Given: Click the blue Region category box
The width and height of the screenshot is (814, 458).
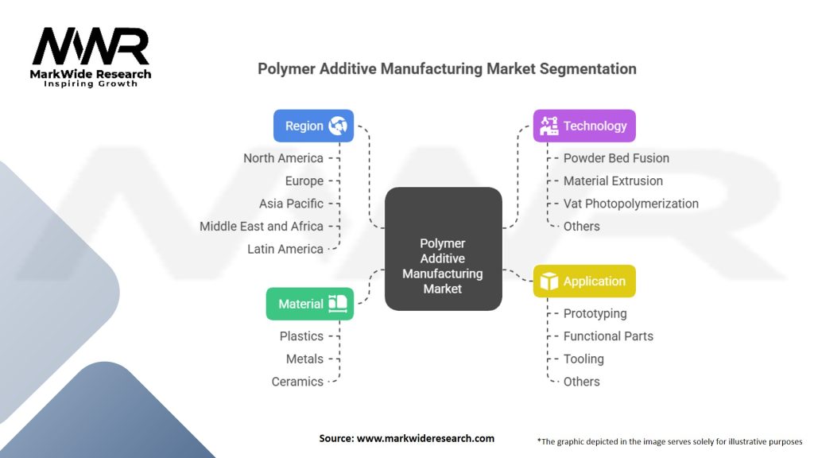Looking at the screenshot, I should click(x=313, y=126).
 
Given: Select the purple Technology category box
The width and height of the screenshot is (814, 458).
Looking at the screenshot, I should click(x=584, y=126).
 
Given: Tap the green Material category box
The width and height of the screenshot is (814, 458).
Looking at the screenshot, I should click(x=309, y=304).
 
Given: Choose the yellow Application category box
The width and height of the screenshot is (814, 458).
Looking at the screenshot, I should click(x=584, y=281).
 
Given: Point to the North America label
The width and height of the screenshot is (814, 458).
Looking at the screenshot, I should click(x=283, y=158).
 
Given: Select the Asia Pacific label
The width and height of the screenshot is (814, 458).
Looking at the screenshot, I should click(x=291, y=204).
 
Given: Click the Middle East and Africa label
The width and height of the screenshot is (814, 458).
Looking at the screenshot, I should click(x=262, y=227).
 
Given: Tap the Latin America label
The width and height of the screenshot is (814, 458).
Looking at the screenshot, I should click(x=285, y=249).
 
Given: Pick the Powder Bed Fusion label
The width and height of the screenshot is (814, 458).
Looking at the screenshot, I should click(x=616, y=158).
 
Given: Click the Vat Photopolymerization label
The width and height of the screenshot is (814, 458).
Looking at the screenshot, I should click(x=630, y=204).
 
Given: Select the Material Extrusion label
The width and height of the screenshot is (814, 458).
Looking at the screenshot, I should click(x=613, y=180).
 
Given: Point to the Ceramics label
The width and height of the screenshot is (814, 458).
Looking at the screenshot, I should click(x=297, y=382).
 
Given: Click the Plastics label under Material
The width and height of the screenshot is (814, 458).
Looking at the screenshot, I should click(x=301, y=336).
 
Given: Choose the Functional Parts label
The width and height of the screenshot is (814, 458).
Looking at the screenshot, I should click(x=608, y=336).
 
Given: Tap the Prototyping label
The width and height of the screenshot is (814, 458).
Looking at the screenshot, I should click(x=595, y=313).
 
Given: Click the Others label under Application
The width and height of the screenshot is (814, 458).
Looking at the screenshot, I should click(x=581, y=382).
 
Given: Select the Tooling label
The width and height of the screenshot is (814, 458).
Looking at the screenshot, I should click(x=583, y=359).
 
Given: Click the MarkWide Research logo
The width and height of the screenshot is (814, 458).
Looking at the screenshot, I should click(x=91, y=57).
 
